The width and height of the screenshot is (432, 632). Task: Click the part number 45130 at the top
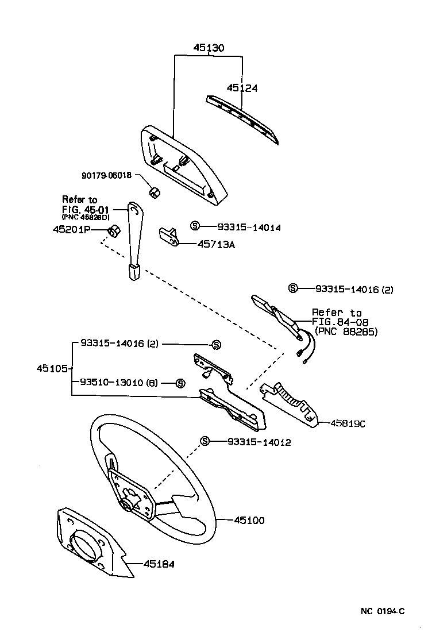tap(208, 48)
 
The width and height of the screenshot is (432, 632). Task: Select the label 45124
tap(242, 88)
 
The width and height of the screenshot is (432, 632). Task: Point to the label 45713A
tap(217, 244)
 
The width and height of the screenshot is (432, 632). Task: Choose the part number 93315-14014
tap(249, 228)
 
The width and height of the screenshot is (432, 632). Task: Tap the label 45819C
tap(348, 424)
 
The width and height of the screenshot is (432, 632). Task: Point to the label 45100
tap(249, 521)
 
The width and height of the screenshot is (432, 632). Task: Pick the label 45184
tap(159, 564)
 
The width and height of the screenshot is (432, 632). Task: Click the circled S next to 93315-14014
tap(195, 227)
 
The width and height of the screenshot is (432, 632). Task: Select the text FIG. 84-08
tap(340, 322)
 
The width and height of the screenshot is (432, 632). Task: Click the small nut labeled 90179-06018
tap(154, 192)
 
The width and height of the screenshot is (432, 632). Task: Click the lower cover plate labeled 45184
tap(92, 543)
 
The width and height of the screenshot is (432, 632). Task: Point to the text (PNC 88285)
tap(347, 332)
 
